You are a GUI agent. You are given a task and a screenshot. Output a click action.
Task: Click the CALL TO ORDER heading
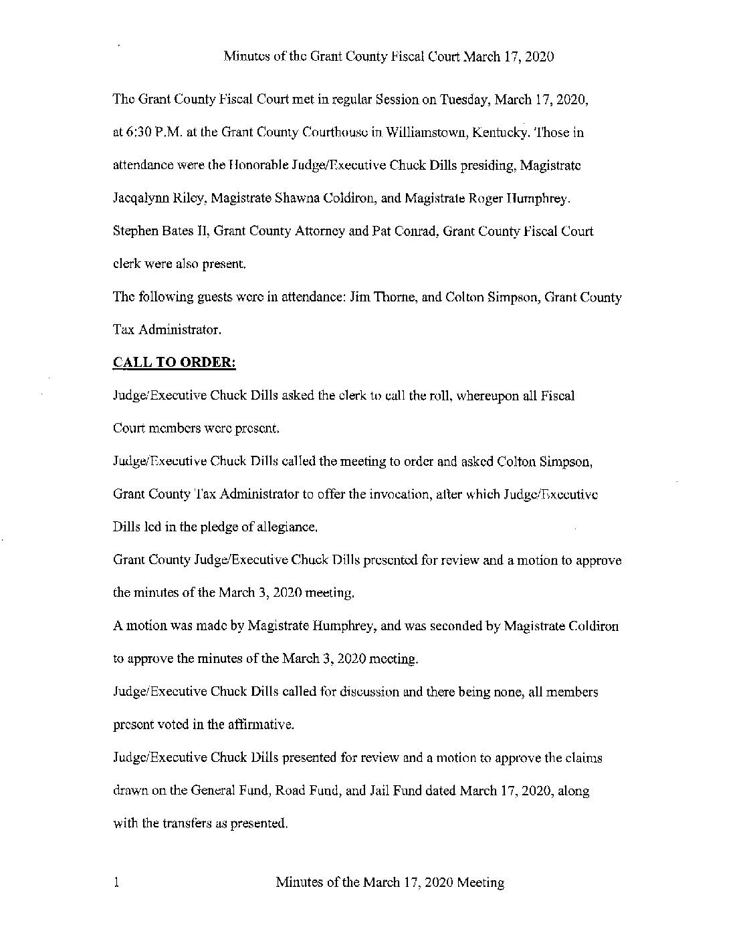point(174,362)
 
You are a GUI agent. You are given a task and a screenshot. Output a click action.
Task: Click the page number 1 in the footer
point(116,882)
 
